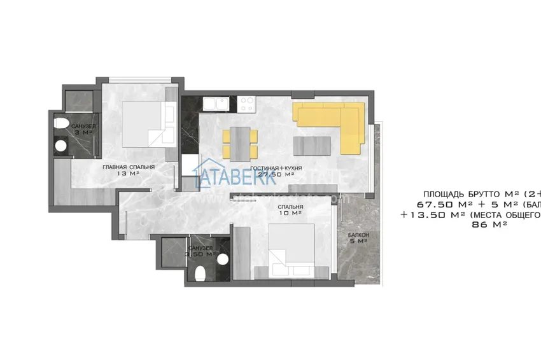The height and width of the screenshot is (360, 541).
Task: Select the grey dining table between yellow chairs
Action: point(240,144)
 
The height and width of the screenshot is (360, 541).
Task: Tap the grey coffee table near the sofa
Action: point(312,145)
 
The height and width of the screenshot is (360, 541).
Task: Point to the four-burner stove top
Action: point(247,102)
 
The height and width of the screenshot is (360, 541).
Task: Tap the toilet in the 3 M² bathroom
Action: point(61,123)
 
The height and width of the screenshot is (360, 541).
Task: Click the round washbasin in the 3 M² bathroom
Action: point(61,146)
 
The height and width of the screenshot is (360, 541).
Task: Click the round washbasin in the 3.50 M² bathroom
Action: point(221,258)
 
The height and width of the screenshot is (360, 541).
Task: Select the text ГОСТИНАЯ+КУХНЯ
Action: point(275,168)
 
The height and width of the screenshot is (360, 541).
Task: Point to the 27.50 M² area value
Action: point(280,174)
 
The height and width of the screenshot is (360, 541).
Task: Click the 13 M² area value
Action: point(129,174)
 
